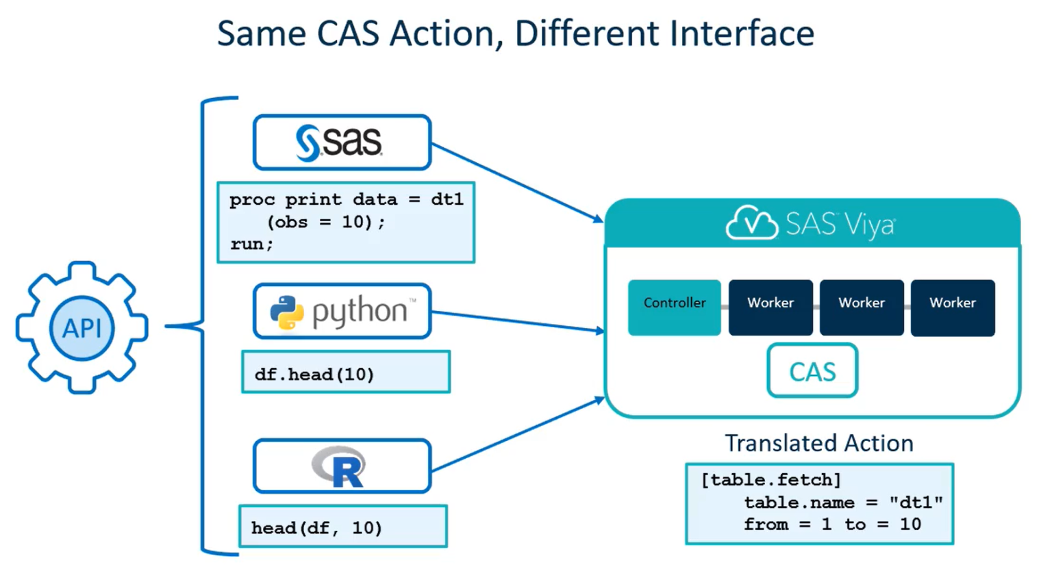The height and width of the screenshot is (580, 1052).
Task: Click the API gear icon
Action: tap(82, 327)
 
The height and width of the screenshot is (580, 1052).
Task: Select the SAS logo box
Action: tap(342, 142)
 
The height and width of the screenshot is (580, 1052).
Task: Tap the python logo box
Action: tap(342, 312)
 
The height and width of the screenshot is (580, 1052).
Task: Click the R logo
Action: tap(340, 467)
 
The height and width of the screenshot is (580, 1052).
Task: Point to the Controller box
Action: tap(674, 307)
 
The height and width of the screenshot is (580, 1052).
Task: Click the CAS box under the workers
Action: tap(812, 371)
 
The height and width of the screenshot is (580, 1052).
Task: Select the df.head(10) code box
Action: tap(346, 373)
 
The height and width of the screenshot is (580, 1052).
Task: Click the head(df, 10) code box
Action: tap(342, 527)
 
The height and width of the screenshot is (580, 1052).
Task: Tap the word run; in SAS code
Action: tap(251, 244)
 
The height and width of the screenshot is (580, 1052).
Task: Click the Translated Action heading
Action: tap(819, 443)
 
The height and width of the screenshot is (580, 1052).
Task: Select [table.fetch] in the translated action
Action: tap(771, 479)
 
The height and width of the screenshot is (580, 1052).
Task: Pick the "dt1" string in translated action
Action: tap(916, 502)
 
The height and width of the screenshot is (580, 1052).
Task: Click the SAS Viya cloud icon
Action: tap(751, 223)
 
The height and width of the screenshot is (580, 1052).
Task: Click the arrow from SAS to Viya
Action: tap(517, 182)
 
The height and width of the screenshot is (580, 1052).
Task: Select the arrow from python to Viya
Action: tap(517, 321)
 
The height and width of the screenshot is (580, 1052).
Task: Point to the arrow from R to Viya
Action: tap(517, 435)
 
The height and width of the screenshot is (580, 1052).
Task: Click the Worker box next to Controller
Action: tap(771, 307)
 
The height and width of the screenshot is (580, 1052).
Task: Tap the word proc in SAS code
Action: tap(251, 199)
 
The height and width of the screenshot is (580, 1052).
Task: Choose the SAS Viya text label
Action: tap(840, 224)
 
